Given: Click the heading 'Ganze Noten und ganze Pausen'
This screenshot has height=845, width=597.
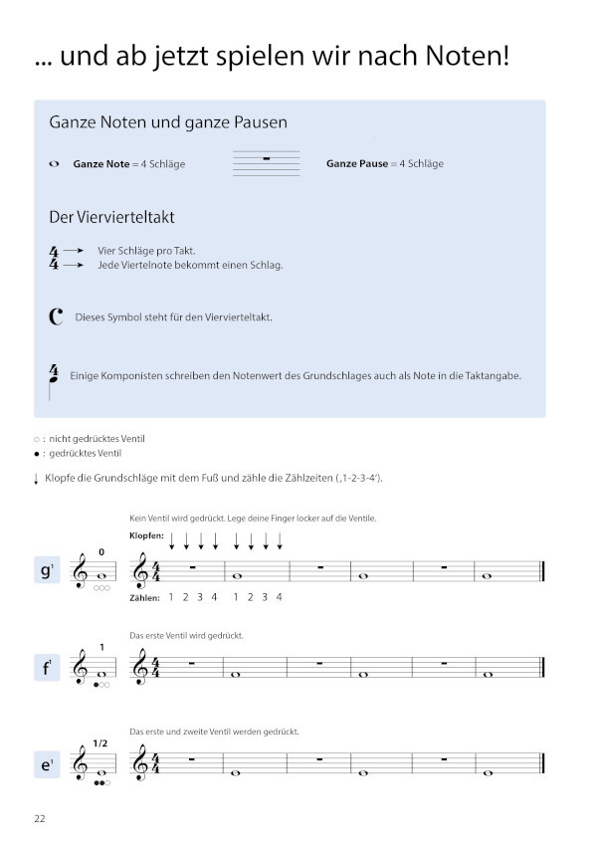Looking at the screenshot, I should [168, 123].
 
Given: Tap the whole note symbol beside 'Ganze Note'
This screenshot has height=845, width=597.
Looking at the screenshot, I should [54, 164].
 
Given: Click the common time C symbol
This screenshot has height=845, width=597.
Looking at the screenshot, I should [56, 317].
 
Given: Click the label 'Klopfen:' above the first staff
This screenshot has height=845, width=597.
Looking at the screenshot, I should [146, 536].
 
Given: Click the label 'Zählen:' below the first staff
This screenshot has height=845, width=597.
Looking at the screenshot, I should [144, 597].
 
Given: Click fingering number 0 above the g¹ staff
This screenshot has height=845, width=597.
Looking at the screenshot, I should [100, 551].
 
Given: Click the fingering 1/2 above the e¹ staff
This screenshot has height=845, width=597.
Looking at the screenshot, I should [100, 742].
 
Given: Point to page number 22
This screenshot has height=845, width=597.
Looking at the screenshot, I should [40, 819].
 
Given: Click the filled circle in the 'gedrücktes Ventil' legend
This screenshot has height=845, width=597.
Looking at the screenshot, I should [37, 453].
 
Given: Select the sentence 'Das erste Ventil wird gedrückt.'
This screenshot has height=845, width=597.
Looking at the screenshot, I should [187, 635].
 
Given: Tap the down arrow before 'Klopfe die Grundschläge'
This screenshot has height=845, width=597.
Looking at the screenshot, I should [36, 479].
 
